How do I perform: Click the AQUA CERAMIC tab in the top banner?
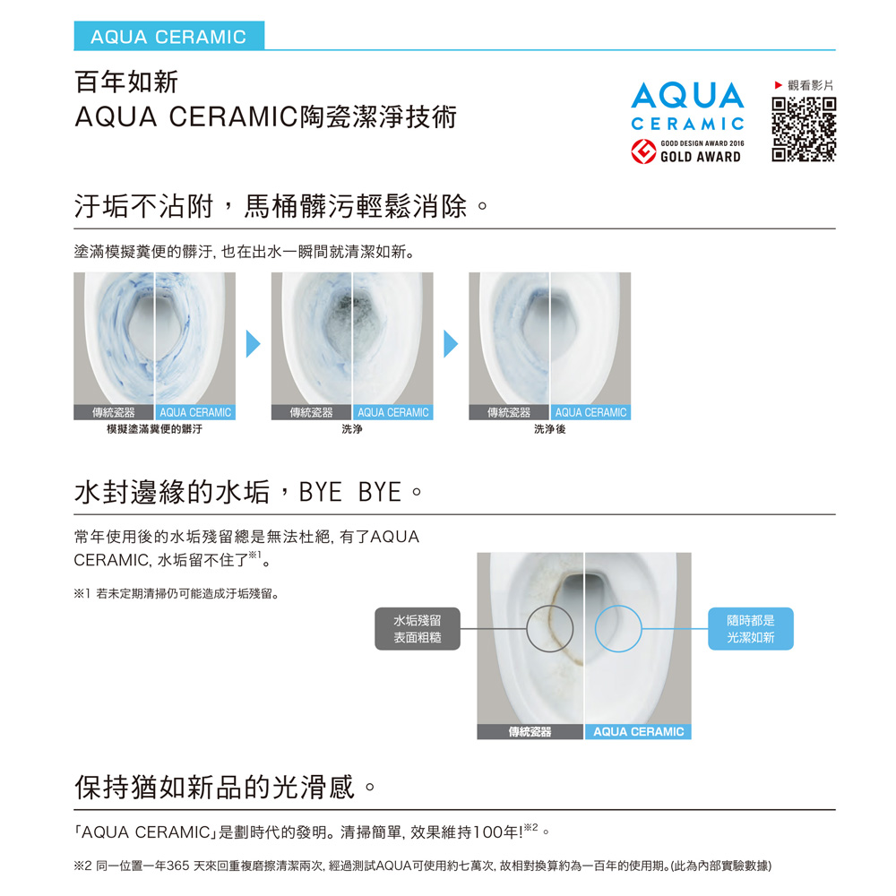(x=168, y=36)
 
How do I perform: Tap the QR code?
(x=804, y=130)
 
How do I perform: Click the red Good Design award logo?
(x=643, y=151)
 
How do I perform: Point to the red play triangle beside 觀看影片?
(x=778, y=85)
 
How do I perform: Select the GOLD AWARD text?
(x=701, y=157)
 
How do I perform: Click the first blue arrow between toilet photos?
(x=254, y=343)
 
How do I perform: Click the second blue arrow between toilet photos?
(x=451, y=343)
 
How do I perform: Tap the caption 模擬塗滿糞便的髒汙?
(x=154, y=429)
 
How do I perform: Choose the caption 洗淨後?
(x=550, y=429)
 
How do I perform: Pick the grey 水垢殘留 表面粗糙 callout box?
(x=418, y=629)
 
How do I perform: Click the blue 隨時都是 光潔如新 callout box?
(x=751, y=629)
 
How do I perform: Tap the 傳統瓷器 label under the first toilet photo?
(x=114, y=412)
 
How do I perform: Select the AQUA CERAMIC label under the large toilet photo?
(x=638, y=732)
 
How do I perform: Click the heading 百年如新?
(x=126, y=82)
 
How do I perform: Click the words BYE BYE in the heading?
(x=350, y=492)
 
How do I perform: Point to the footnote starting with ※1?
(x=177, y=594)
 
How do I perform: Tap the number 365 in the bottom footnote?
(x=177, y=866)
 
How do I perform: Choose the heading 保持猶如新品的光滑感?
(x=215, y=787)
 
